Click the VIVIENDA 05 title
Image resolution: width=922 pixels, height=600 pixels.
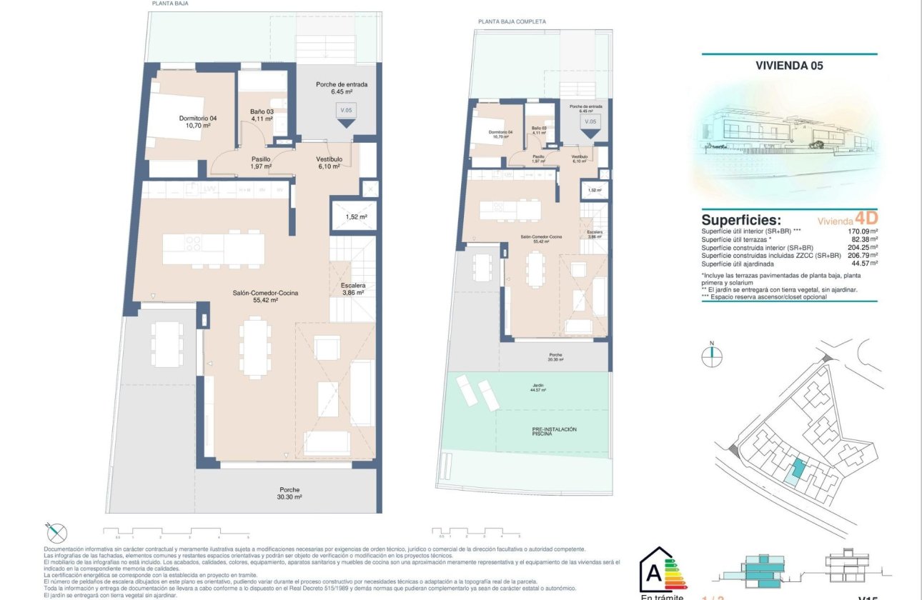789,65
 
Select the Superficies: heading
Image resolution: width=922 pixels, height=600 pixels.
741,220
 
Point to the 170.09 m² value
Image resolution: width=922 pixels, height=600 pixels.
861,231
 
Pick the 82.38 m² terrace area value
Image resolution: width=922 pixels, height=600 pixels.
863,239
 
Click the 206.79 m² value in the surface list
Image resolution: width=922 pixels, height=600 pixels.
861,255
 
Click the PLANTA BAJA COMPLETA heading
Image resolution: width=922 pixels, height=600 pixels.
512,21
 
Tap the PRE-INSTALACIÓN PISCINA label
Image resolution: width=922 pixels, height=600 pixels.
554,431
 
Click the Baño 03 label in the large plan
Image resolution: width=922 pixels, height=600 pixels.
262,115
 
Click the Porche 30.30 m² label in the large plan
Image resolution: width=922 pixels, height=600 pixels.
290,493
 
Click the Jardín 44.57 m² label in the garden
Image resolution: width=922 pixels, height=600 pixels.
537,388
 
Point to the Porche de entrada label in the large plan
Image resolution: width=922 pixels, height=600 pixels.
341,88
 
